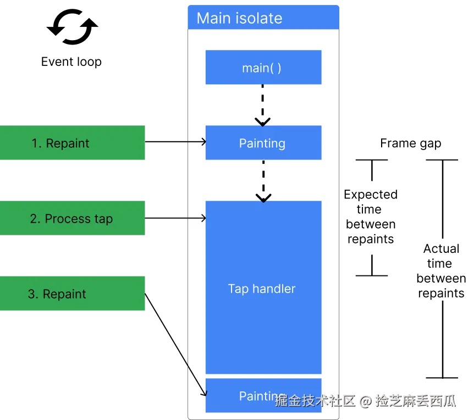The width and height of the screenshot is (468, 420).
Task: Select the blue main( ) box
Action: click(x=263, y=68)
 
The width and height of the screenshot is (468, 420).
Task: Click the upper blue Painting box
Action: click(x=263, y=143)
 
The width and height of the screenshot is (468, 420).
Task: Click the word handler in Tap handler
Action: click(x=274, y=289)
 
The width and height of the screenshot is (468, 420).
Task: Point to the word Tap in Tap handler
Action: click(x=238, y=289)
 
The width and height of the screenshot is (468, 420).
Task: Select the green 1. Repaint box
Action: click(x=72, y=143)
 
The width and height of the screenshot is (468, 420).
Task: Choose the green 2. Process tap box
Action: click(x=72, y=218)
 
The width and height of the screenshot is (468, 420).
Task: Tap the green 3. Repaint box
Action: click(x=72, y=294)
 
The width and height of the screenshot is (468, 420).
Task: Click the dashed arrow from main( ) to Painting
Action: click(x=263, y=104)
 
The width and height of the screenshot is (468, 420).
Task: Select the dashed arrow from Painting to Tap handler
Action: click(x=263, y=180)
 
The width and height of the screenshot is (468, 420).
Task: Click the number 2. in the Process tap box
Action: click(x=35, y=219)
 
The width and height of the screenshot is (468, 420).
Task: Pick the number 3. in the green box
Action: click(x=33, y=294)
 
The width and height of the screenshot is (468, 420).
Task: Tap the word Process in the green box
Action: click(x=67, y=219)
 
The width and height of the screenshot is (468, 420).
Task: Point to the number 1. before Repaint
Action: click(x=36, y=143)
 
